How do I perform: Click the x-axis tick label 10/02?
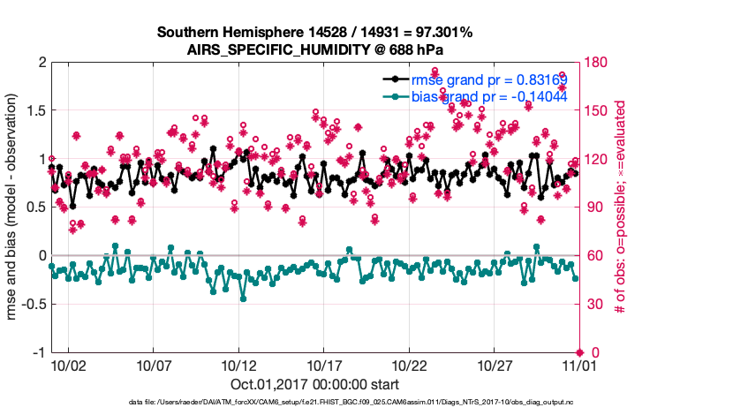[67, 365]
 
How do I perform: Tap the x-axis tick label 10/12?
[238, 365]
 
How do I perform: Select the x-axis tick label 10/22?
[410, 365]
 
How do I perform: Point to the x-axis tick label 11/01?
[580, 365]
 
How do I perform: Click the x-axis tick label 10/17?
[324, 365]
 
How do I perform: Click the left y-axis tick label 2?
[42, 63]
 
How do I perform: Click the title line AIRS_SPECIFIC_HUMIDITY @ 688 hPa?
[314, 49]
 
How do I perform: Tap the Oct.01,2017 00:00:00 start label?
[314, 384]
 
